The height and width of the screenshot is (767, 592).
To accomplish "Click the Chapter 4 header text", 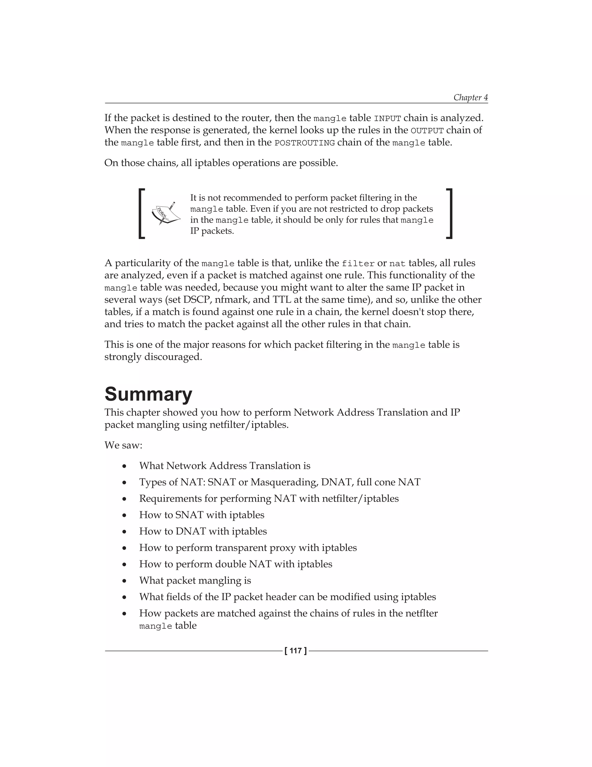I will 470,97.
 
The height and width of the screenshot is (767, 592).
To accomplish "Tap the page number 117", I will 296,651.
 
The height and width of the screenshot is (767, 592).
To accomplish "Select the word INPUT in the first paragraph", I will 387,118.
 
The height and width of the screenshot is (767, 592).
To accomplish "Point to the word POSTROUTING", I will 304,143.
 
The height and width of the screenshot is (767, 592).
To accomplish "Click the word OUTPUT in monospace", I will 427,131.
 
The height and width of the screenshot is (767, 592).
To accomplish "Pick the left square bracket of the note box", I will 142,214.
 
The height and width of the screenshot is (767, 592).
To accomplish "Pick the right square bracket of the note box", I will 449,214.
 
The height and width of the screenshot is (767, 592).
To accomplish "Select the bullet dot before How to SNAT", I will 124,515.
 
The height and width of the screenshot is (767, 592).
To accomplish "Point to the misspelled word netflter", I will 421,613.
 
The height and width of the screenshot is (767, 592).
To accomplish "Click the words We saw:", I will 123,445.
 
